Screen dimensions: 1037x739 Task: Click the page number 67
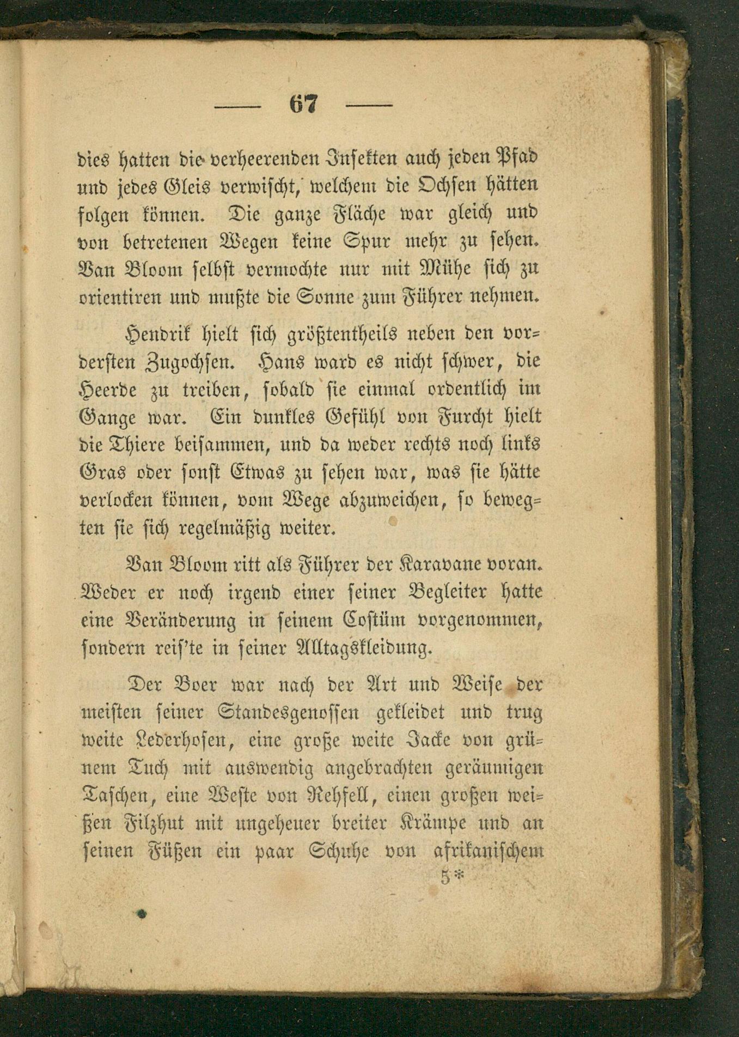[x=303, y=104]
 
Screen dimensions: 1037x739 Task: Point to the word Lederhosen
[x=184, y=740]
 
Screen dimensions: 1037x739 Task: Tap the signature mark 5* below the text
[x=451, y=877]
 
